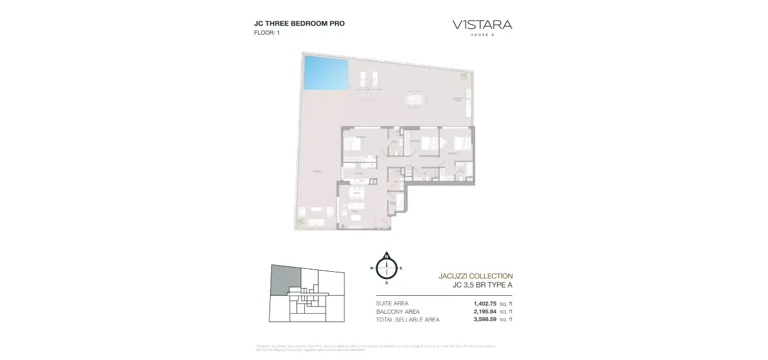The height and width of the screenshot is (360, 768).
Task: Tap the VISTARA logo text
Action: click(482, 25)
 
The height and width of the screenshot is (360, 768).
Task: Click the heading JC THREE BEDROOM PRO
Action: click(299, 23)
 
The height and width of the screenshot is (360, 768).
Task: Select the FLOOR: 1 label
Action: click(267, 33)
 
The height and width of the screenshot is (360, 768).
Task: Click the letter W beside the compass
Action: click(372, 268)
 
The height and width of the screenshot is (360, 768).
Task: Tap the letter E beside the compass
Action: click(401, 268)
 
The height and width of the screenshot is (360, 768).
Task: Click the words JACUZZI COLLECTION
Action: click(476, 276)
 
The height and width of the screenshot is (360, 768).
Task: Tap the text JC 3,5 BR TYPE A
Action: click(482, 286)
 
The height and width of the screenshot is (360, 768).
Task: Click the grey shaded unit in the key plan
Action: click(285, 279)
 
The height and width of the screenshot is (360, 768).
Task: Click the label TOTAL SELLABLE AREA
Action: click(407, 320)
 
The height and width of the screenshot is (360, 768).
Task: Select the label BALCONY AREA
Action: click(398, 311)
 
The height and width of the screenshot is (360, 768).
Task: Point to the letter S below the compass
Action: click(387, 282)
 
